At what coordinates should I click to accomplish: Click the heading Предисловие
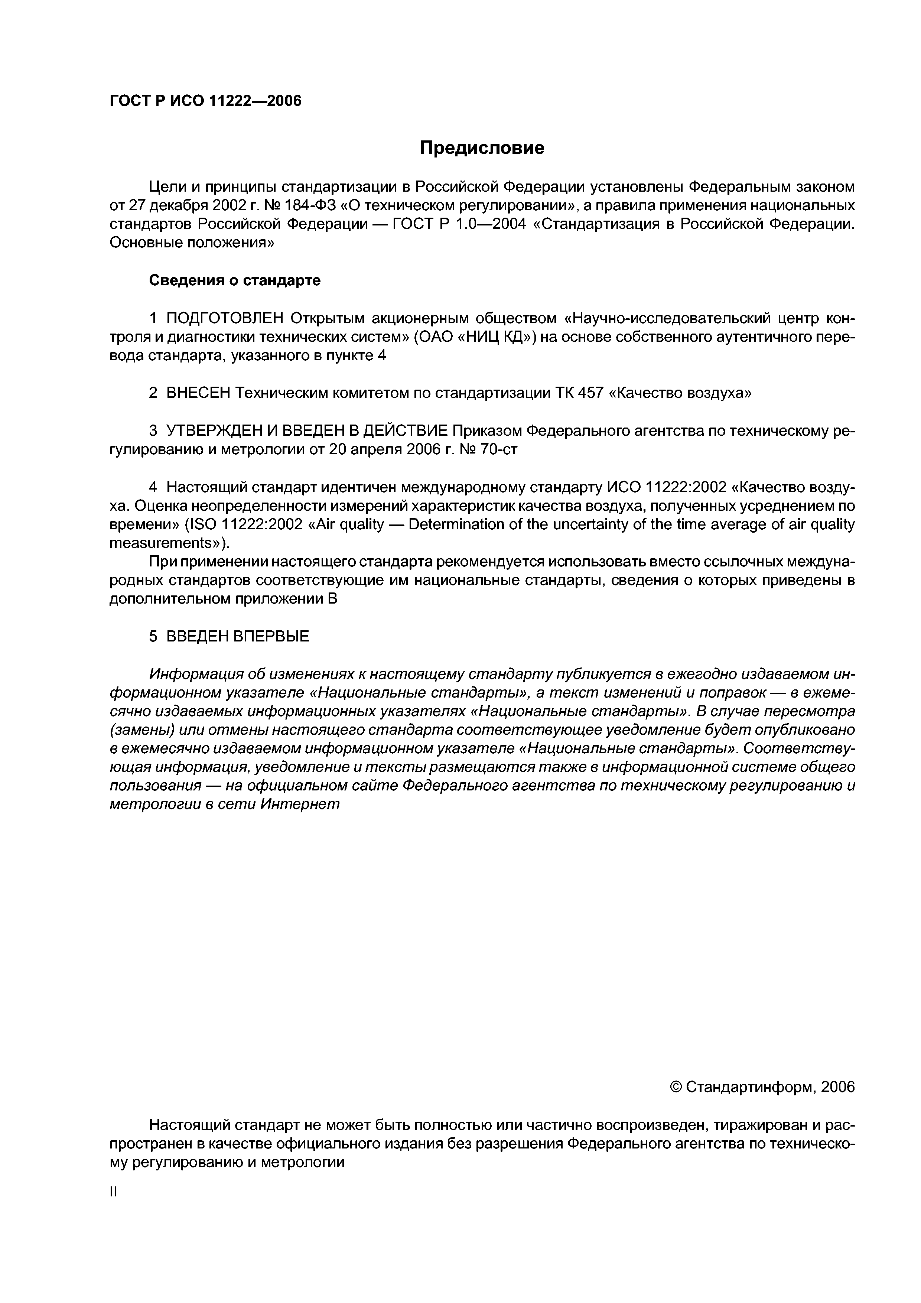(481, 148)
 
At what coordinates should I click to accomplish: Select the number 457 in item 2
(589, 393)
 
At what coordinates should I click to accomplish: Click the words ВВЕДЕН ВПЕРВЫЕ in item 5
(238, 637)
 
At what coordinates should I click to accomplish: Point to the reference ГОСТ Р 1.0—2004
(460, 224)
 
